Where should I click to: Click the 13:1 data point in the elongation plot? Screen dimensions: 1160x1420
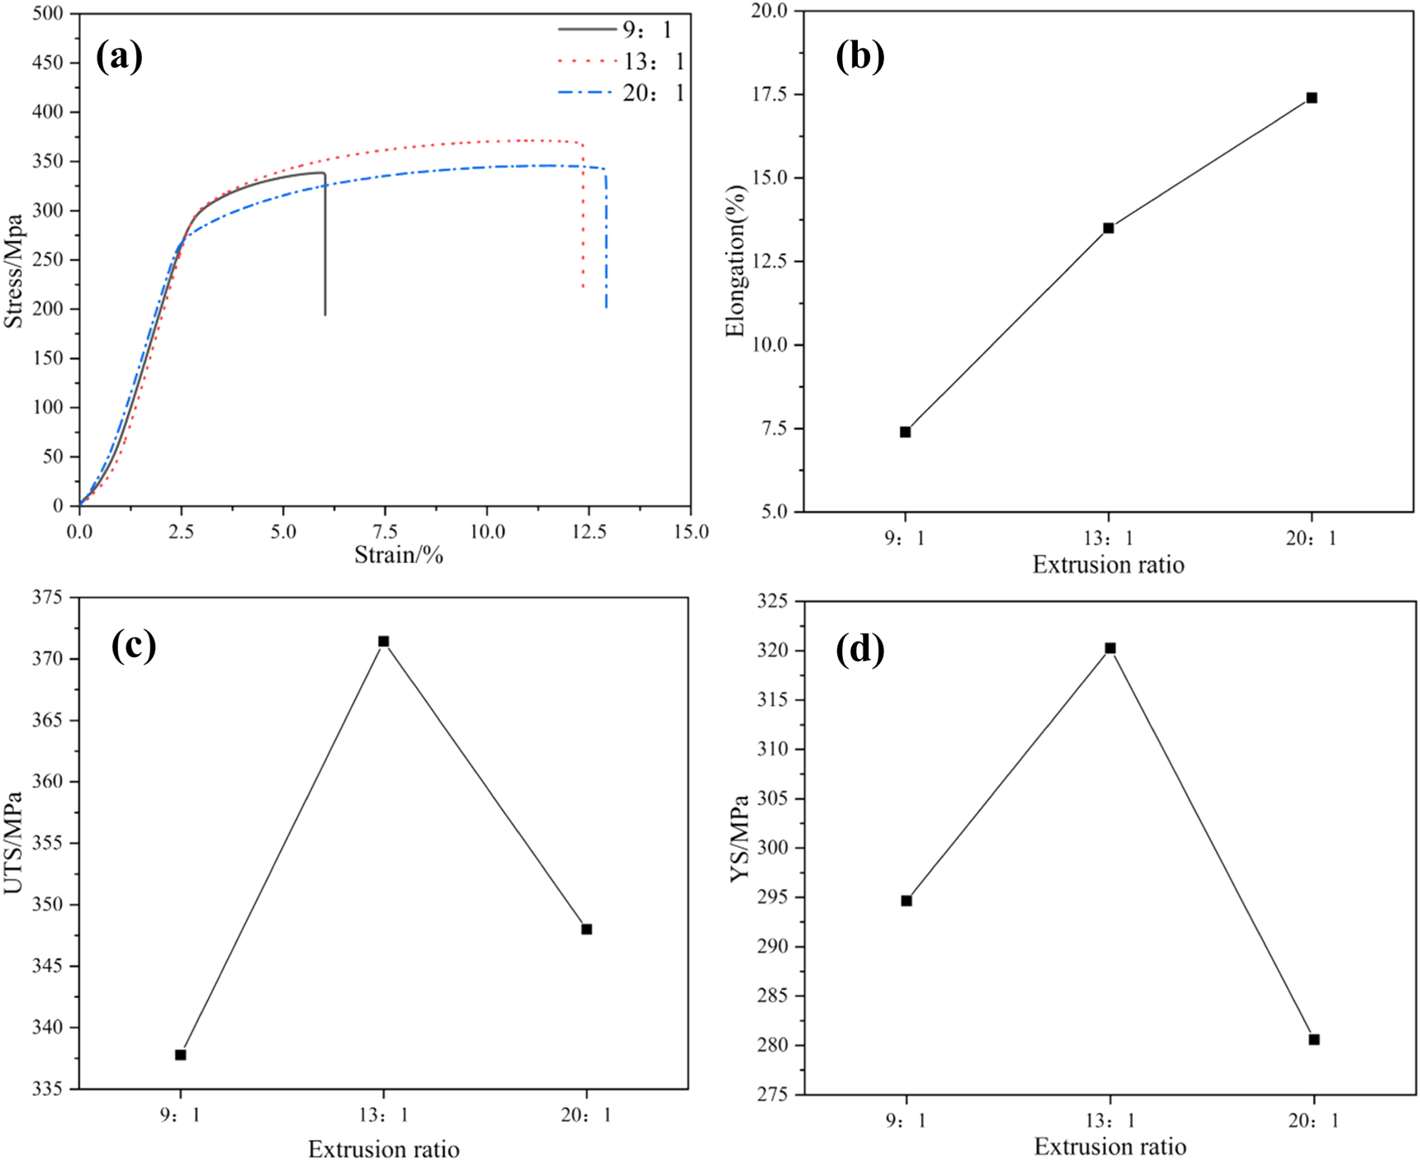point(1109,228)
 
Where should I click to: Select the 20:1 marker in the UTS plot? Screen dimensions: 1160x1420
point(587,929)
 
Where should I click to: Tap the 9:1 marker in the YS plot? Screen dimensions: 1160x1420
point(906,901)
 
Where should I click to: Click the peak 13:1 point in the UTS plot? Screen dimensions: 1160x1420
point(384,642)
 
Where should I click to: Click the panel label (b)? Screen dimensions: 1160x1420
point(859,56)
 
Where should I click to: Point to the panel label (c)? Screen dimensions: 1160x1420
point(134,645)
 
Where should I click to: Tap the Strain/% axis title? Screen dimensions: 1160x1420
point(399,555)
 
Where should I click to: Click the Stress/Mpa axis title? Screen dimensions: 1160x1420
point(14,271)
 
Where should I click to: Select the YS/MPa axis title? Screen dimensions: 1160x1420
point(740,838)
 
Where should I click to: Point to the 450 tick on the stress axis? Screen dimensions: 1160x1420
point(48,63)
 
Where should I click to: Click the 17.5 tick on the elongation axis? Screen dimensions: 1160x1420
point(769,95)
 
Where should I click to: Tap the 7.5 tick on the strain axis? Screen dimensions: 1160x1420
point(385,531)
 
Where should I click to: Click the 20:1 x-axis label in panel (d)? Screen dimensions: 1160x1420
point(1313,1120)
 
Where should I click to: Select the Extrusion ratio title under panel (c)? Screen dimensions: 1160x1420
point(384,1148)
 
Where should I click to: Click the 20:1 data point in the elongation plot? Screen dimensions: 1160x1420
point(1312,98)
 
